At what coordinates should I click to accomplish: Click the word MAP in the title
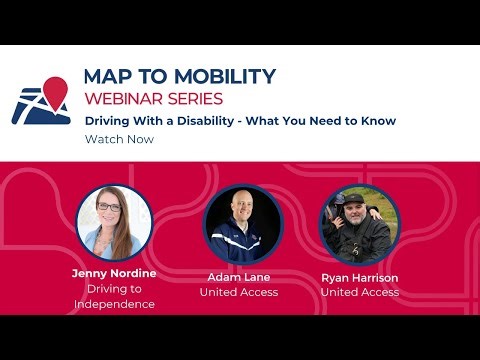(x=107, y=77)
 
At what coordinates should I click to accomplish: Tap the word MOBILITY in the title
(x=222, y=77)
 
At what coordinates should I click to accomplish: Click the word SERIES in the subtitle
(x=199, y=99)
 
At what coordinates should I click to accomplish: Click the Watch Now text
(x=119, y=140)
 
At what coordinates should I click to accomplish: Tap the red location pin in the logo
(x=56, y=90)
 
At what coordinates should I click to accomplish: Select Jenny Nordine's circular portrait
(x=114, y=223)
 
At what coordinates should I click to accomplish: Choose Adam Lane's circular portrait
(x=239, y=223)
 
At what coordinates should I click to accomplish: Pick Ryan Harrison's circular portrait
(x=359, y=223)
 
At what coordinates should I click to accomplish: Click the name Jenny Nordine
(x=114, y=273)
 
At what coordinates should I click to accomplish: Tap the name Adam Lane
(x=239, y=276)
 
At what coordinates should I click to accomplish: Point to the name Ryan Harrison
(x=359, y=276)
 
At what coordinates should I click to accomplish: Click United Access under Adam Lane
(x=239, y=292)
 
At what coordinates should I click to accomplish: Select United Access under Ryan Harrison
(x=359, y=292)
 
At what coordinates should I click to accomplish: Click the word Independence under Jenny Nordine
(x=114, y=304)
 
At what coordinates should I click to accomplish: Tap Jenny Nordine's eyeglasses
(x=111, y=207)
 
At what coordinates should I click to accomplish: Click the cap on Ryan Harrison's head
(x=355, y=197)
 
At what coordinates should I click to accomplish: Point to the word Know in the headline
(x=379, y=121)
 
